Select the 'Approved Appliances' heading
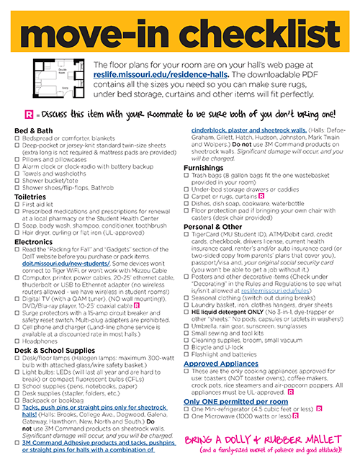[x=221, y=364]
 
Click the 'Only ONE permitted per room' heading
[x=229, y=400]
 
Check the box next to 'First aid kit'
[x=18, y=204]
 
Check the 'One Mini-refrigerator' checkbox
[x=186, y=409]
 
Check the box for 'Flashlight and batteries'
[x=186, y=355]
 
